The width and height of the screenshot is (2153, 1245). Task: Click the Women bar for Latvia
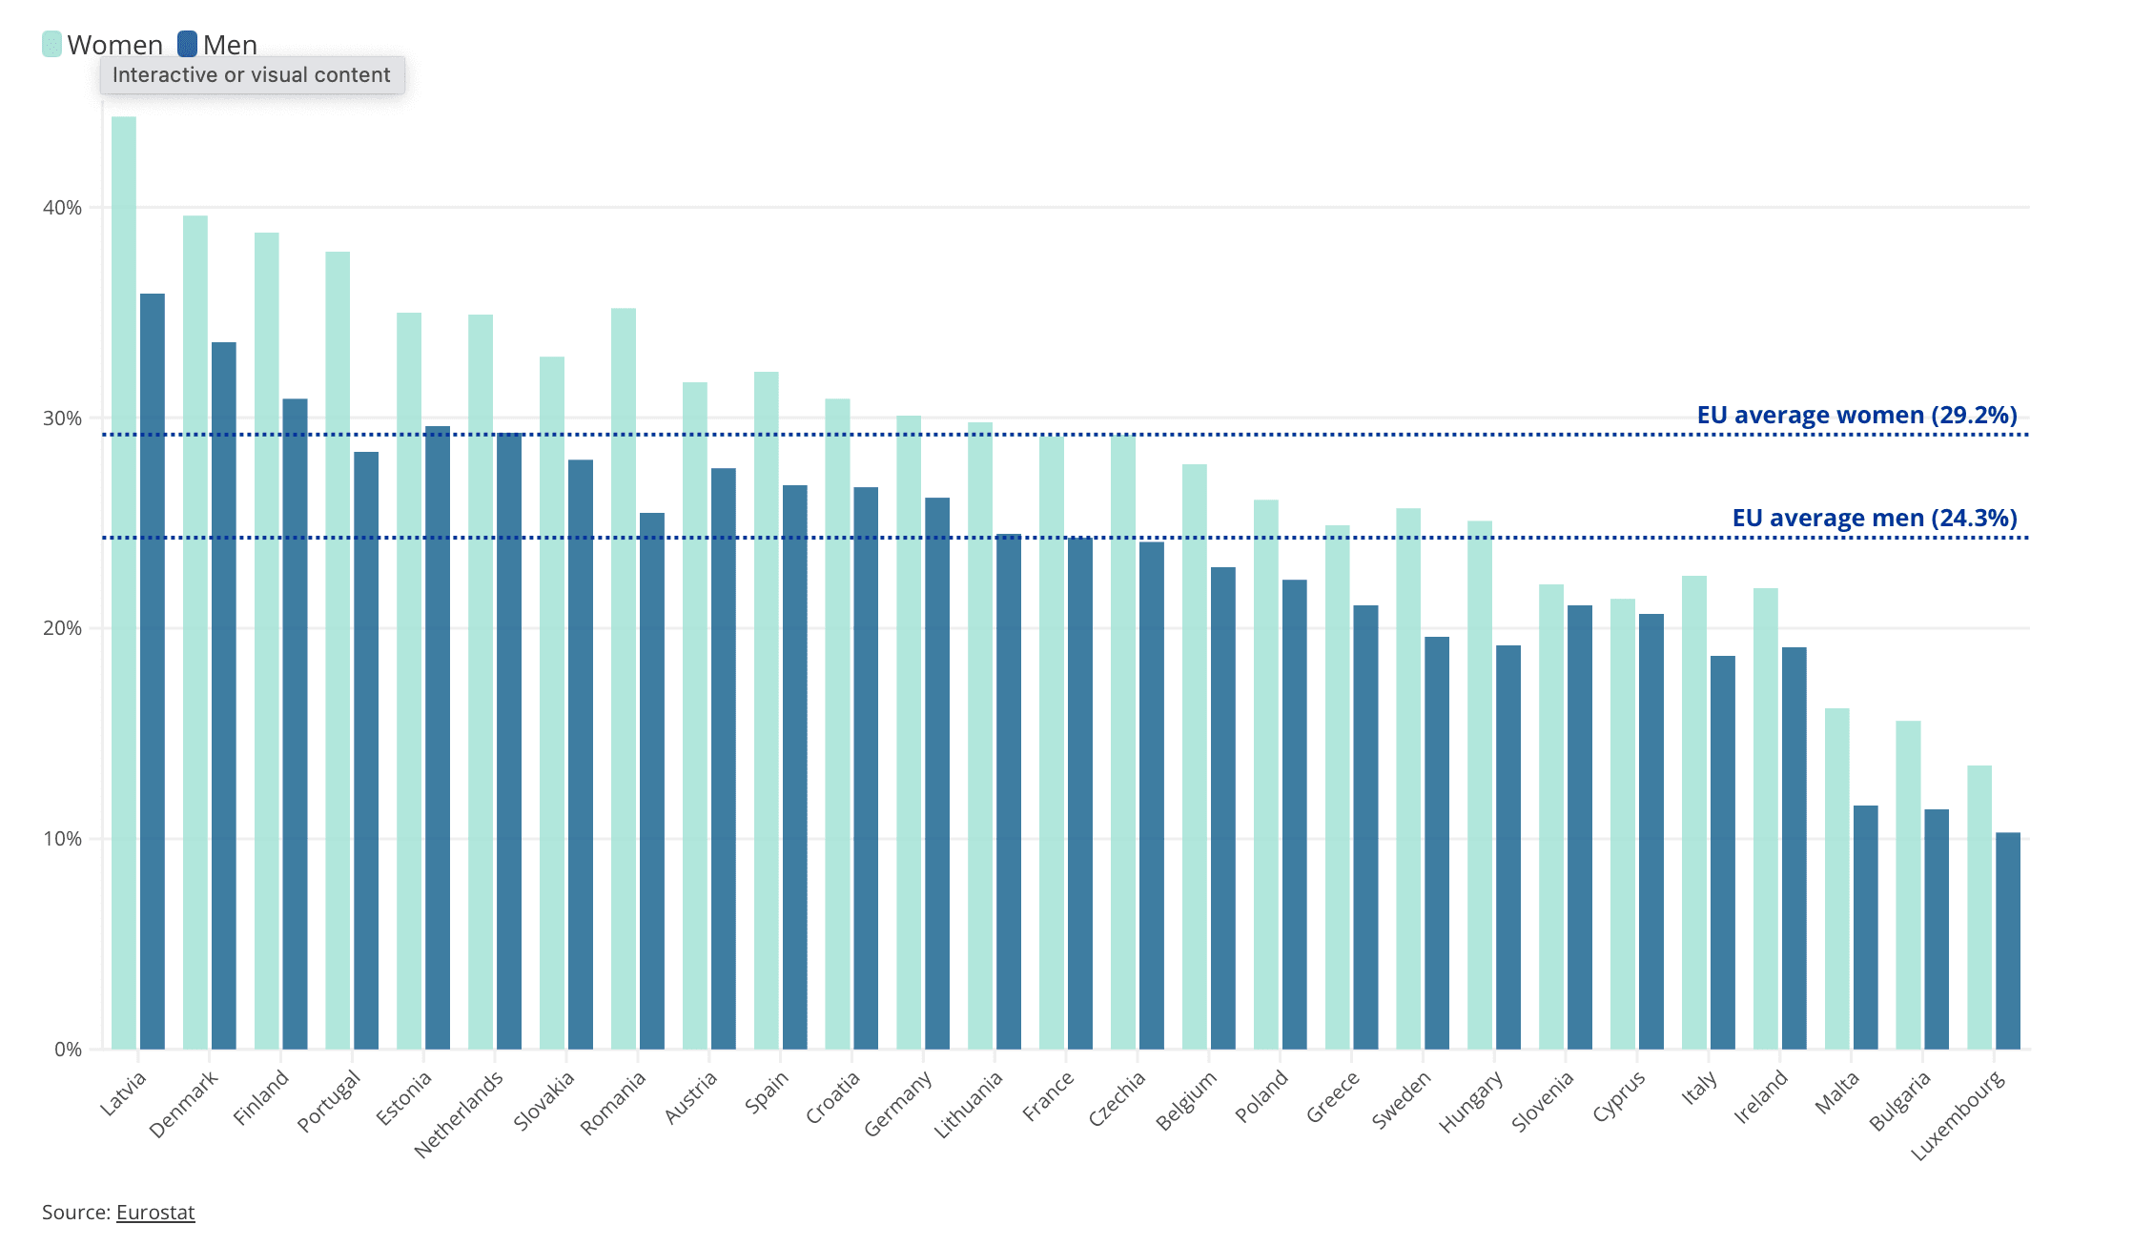click(124, 582)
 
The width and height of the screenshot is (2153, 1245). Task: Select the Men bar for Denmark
click(224, 696)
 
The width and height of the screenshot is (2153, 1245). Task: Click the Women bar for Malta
click(1837, 878)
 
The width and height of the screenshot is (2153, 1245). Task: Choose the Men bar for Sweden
click(1437, 843)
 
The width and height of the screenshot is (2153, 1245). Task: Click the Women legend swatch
click(52, 45)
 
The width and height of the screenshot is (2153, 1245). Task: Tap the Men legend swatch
click(188, 45)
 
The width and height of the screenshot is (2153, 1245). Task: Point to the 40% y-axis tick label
click(62, 208)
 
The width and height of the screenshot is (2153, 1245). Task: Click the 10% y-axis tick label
click(62, 839)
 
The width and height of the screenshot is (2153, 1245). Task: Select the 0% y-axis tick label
click(68, 1050)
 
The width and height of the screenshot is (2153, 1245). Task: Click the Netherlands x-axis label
click(460, 1112)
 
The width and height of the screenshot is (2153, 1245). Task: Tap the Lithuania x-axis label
click(969, 1104)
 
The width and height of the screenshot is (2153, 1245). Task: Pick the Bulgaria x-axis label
click(1900, 1100)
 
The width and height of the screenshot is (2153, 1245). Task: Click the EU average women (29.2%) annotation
click(1856, 416)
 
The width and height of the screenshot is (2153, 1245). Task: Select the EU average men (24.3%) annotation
click(1874, 519)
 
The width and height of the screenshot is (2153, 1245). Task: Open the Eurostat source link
click(155, 1213)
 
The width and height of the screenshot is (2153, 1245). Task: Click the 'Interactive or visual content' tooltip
click(252, 75)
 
